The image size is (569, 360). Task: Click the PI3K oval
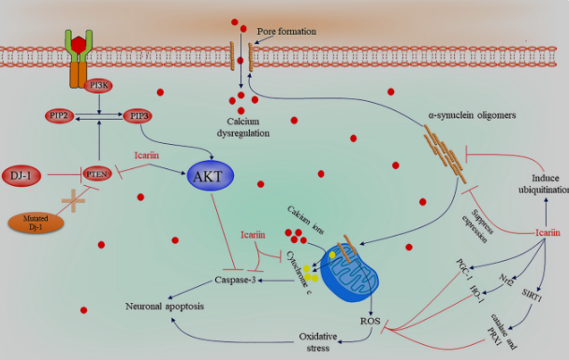[x=97, y=85]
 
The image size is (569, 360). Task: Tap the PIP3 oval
[x=139, y=116]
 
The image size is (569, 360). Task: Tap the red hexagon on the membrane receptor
[x=79, y=44]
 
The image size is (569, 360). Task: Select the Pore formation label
[x=291, y=32]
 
